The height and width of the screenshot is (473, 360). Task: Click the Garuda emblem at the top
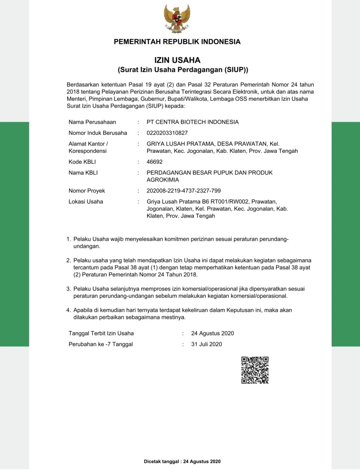(177, 18)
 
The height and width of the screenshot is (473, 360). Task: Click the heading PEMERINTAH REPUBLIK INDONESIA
(177, 42)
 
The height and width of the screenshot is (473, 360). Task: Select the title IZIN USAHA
(177, 60)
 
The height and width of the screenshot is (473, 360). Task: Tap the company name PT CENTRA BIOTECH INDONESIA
(193, 122)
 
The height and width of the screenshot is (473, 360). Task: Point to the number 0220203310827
(167, 133)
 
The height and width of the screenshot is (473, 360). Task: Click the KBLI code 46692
(155, 162)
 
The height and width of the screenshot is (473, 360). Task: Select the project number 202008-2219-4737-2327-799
(184, 191)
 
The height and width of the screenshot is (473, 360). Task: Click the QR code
(255, 370)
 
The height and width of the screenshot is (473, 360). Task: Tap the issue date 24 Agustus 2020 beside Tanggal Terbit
(213, 333)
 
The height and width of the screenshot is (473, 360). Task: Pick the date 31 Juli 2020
(207, 344)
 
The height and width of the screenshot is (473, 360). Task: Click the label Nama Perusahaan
(92, 122)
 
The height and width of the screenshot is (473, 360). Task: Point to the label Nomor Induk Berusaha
(98, 133)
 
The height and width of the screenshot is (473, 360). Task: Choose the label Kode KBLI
(82, 162)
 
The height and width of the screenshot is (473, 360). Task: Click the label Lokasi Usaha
(86, 202)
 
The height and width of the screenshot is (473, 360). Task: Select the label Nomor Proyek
(87, 191)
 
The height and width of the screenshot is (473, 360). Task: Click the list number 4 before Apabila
(68, 310)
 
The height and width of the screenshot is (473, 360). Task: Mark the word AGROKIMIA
(163, 180)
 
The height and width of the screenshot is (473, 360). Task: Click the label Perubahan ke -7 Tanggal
(101, 344)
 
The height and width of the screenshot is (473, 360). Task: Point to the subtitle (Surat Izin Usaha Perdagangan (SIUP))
(183, 70)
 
